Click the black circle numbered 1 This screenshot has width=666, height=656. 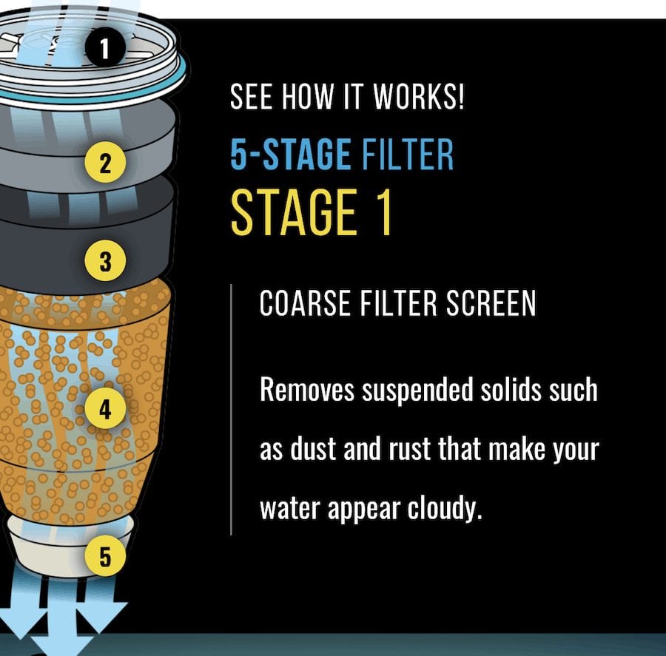tap(105, 47)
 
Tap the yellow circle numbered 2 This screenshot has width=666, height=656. tap(105, 163)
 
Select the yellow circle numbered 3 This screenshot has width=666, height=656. tap(105, 260)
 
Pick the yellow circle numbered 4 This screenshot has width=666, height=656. tap(105, 408)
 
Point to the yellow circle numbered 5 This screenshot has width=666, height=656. tap(105, 556)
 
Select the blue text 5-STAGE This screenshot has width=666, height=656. tap(291, 154)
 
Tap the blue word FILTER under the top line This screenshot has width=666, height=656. tap(407, 154)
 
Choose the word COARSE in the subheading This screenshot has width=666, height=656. tap(305, 302)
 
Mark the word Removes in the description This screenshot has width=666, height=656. tap(306, 389)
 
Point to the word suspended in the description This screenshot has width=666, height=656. tap(417, 390)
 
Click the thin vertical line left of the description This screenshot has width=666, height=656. tap(231, 410)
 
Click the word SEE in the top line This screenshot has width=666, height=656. tap(251, 96)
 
